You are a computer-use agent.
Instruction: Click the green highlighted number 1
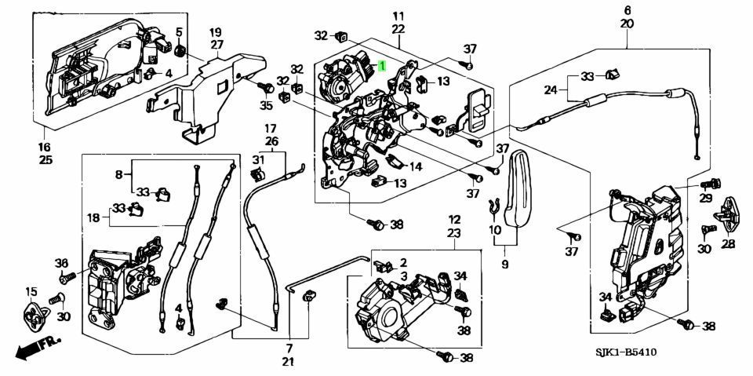pyautogui.click(x=381, y=68)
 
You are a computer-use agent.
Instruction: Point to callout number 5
pyautogui.click(x=179, y=32)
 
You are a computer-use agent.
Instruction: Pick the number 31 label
pyautogui.click(x=256, y=160)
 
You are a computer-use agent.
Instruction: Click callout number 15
pyautogui.click(x=31, y=293)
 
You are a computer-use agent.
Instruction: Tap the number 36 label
pyautogui.click(x=61, y=262)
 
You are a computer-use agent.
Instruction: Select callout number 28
pyautogui.click(x=728, y=245)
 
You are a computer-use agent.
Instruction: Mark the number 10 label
pyautogui.click(x=494, y=230)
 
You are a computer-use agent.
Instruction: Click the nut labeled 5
pyautogui.click(x=180, y=51)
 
